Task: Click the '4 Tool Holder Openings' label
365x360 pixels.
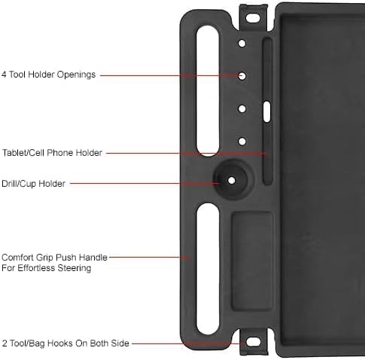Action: pos(48,75)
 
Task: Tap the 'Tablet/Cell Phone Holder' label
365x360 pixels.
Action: pos(52,153)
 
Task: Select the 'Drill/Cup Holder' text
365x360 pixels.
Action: pos(33,184)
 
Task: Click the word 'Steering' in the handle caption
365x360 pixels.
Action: pos(75,268)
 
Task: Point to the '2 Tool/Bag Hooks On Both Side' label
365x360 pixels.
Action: pos(65,343)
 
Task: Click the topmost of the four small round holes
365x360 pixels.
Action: pos(242,43)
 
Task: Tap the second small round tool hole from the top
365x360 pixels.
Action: pos(242,76)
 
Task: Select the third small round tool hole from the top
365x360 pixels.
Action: pos(242,108)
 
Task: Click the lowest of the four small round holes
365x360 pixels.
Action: pos(242,142)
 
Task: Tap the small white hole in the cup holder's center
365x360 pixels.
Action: pos(232,180)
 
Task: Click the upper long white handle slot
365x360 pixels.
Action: pos(208,91)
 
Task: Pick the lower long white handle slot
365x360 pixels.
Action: pos(208,269)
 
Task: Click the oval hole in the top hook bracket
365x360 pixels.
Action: pos(253,18)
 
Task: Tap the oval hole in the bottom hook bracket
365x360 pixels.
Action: pos(253,342)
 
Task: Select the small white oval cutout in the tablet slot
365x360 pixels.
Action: pos(267,111)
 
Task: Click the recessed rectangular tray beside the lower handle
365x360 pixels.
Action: pos(252,261)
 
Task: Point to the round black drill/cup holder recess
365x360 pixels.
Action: pos(231,179)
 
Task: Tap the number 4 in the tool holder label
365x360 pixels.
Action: pos(4,75)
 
